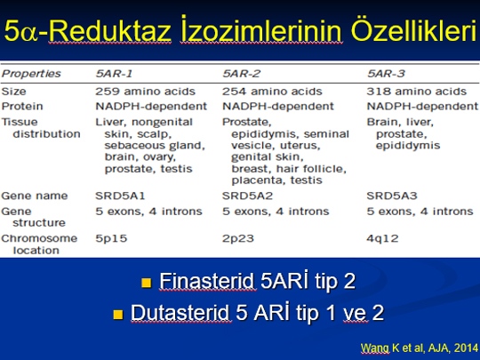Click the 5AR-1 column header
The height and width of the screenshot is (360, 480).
tap(114, 74)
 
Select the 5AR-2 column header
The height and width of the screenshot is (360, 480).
tap(242, 74)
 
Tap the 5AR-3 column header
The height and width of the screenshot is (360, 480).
tap(386, 74)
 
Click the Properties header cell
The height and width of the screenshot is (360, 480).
tap(31, 74)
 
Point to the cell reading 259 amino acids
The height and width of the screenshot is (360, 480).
tap(145, 92)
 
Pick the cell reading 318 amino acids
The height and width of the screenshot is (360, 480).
tap(417, 92)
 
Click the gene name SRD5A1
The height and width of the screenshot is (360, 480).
tap(120, 196)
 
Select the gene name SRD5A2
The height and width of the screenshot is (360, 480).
tap(247, 196)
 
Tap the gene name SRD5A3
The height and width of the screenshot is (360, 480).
tap(392, 196)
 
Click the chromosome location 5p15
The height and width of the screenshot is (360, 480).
tap(111, 238)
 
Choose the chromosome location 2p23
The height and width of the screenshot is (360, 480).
tap(238, 238)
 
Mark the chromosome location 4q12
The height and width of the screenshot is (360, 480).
tap(382, 238)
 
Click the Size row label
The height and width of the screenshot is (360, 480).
tap(13, 92)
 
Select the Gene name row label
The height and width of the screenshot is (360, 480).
tap(35, 196)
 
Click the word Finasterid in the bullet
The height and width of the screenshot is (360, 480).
tap(207, 281)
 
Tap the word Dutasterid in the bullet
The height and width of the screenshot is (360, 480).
tap(181, 313)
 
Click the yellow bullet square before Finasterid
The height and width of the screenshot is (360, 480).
tap(147, 283)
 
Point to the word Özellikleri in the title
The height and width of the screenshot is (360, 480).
tap(414, 30)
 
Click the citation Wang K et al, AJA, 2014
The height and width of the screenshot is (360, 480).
tap(419, 348)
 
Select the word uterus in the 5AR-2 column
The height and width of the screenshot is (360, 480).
tap(300, 146)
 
